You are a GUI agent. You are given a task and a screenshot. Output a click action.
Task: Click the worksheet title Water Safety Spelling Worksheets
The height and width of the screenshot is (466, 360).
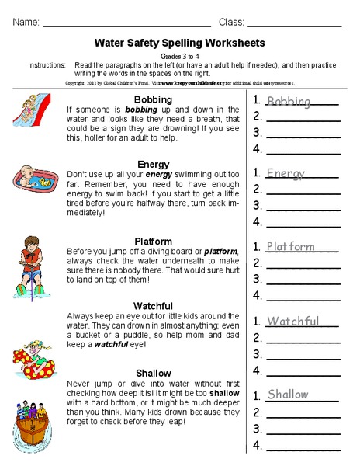179,43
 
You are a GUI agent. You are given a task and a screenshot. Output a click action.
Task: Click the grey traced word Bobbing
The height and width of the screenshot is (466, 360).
288,102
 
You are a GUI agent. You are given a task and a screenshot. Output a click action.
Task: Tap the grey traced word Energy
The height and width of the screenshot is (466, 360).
286,173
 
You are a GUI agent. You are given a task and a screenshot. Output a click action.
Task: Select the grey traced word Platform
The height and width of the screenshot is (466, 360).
290,247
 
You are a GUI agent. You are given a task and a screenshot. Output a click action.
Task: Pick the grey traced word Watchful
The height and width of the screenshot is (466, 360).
292,322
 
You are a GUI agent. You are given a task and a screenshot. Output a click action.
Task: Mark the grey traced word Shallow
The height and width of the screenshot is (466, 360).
288,395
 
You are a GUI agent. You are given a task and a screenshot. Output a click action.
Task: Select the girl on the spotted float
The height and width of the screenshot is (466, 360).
33,357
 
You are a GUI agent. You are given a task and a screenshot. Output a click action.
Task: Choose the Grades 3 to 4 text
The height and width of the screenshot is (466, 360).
179,56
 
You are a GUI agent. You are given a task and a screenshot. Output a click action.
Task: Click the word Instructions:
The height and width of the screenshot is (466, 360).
46,66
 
